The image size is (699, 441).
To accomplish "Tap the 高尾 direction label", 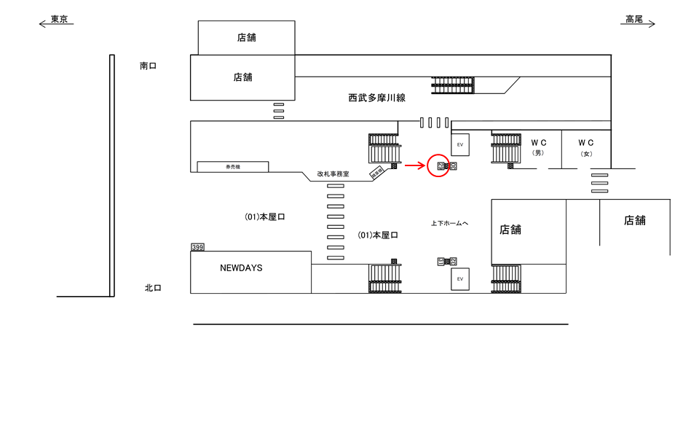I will click(x=634, y=20).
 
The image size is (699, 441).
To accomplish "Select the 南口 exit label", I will click(x=149, y=66).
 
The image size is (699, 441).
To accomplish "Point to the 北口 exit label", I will click(x=153, y=288).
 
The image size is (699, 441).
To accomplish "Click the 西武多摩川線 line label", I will click(x=376, y=97).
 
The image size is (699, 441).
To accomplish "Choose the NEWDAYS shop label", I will click(x=241, y=268).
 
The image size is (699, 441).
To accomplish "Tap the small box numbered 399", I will click(x=197, y=247).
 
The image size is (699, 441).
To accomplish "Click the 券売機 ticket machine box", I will click(x=233, y=167).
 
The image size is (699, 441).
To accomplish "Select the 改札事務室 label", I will click(x=333, y=174).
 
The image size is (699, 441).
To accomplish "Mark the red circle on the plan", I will click(x=439, y=166).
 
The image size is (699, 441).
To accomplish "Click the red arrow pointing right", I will click(x=414, y=166).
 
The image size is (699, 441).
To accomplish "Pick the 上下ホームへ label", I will click(x=449, y=223).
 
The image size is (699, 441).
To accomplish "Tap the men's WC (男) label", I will click(x=538, y=148).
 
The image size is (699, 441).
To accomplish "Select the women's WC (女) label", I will click(x=586, y=148).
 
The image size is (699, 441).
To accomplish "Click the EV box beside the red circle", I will click(x=460, y=145).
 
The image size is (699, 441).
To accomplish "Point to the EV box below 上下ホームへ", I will click(x=460, y=279).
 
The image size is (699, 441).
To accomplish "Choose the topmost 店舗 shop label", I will click(x=246, y=37).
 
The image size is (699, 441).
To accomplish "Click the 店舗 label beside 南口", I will click(x=242, y=77).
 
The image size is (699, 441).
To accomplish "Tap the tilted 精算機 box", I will click(x=377, y=173).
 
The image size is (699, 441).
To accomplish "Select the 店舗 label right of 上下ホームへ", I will click(x=510, y=230).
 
